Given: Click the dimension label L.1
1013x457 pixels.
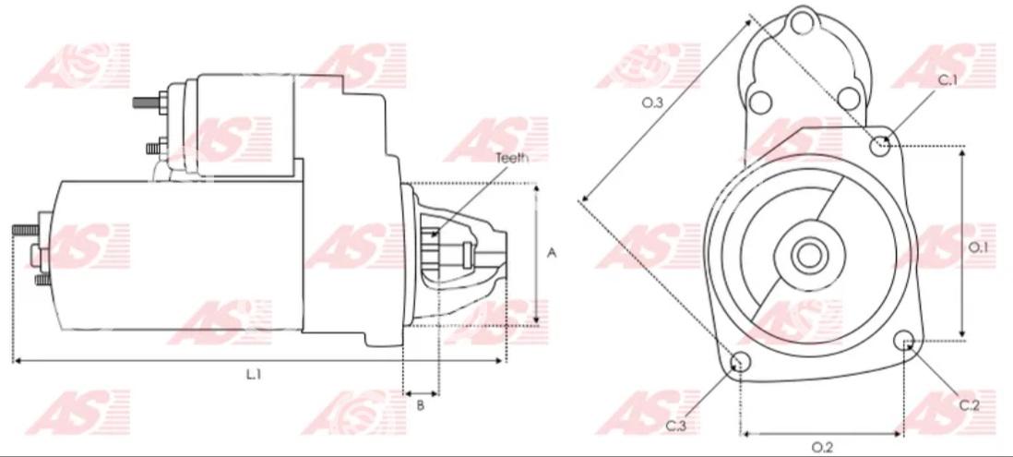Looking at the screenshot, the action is [253, 374].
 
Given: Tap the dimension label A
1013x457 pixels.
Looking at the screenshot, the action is [552, 253].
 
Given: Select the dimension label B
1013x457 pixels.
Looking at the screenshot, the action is [420, 405].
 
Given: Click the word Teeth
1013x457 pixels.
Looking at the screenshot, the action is [512, 157].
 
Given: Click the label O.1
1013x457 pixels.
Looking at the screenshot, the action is [979, 247].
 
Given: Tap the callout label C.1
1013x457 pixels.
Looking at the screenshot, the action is [947, 80].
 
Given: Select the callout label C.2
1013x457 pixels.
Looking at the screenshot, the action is [969, 405].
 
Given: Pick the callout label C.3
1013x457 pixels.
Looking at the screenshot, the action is [675, 426].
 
